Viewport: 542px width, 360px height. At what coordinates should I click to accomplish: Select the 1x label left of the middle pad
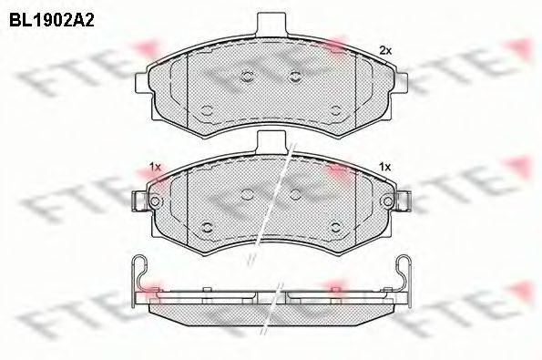[x=154, y=167]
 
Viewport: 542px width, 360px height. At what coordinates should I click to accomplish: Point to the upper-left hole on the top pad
[x=248, y=77]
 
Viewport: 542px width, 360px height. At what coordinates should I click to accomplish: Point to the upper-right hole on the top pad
[x=294, y=77]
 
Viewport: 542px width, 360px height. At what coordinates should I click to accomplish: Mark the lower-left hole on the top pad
[x=207, y=110]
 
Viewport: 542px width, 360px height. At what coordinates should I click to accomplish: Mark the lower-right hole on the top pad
[x=335, y=110]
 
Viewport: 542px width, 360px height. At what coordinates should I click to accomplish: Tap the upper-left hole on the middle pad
[x=248, y=193]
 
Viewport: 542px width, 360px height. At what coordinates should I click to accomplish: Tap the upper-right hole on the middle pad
[x=294, y=193]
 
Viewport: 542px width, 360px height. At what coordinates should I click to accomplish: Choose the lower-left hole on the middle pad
[x=207, y=227]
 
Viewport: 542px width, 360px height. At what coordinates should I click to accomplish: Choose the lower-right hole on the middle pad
[x=335, y=227]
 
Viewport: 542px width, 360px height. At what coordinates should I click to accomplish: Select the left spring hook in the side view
[x=137, y=272]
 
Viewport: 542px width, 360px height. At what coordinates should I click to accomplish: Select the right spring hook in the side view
[x=404, y=272]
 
